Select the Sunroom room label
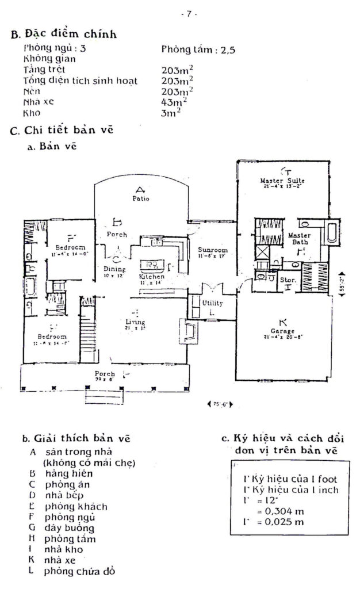(x=213, y=251)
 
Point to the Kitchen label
(x=151, y=277)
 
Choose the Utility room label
(x=212, y=303)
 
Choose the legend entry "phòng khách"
(x=68, y=506)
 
